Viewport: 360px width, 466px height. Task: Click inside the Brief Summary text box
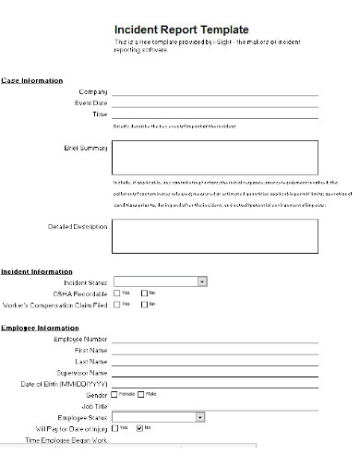[x=215, y=156]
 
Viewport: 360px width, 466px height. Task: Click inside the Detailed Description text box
[x=215, y=235]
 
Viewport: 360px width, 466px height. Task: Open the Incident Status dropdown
[x=201, y=281]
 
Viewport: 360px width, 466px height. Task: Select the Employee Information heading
[x=40, y=328]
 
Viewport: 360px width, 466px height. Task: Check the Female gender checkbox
[x=115, y=394]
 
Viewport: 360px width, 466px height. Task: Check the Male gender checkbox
[x=140, y=394]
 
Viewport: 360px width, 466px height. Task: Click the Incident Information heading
[x=37, y=271]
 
